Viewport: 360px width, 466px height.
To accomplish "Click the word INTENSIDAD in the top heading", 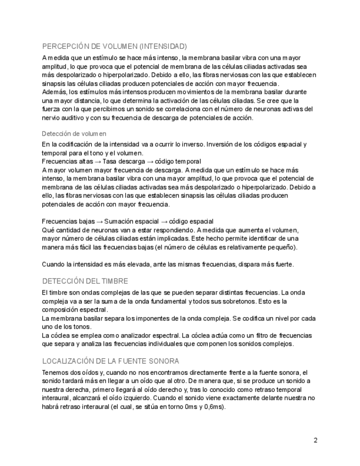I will click(164, 46).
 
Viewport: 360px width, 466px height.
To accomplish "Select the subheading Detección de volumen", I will click(74, 134).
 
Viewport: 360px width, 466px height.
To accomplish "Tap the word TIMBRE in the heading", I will click(113, 280).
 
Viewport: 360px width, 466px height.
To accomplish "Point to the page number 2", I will click(315, 440).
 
